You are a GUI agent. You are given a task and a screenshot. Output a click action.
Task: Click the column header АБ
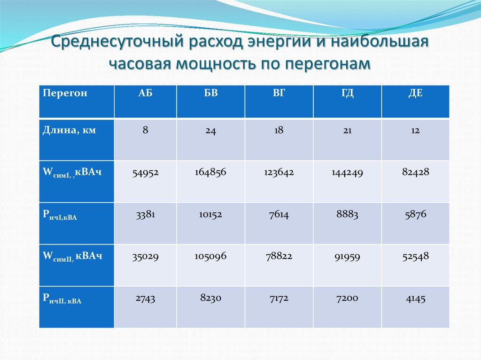[x=145, y=93]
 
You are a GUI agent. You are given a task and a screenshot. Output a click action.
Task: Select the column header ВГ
[x=279, y=93]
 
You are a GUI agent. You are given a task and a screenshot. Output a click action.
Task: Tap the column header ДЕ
[x=415, y=93]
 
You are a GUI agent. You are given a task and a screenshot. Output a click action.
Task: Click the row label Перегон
[x=65, y=93]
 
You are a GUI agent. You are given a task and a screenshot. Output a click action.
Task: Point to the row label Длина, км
[x=70, y=130]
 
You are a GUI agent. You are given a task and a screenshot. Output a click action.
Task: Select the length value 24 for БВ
[x=210, y=132]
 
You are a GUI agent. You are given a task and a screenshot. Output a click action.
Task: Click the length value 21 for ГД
[x=347, y=131]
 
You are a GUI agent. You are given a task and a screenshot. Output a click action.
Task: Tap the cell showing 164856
[x=210, y=172]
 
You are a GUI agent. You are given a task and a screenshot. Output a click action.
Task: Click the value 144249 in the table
[x=347, y=173]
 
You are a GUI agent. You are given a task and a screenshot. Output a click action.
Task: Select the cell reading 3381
[x=145, y=214]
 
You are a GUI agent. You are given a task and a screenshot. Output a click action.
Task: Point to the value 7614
[x=279, y=215]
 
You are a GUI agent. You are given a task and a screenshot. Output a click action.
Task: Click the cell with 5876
[x=415, y=214]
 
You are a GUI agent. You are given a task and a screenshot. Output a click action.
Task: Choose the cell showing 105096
[x=210, y=257]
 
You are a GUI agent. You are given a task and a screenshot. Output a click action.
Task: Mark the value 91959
[x=347, y=257]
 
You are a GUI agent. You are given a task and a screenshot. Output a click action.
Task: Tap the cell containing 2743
[x=145, y=298]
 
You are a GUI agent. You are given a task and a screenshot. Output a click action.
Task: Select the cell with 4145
[x=415, y=298]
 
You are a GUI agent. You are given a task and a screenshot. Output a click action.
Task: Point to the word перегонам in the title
[x=328, y=64]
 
